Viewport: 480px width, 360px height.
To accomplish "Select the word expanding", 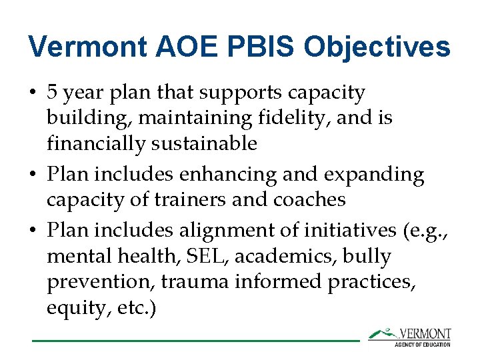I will tap(374, 175).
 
